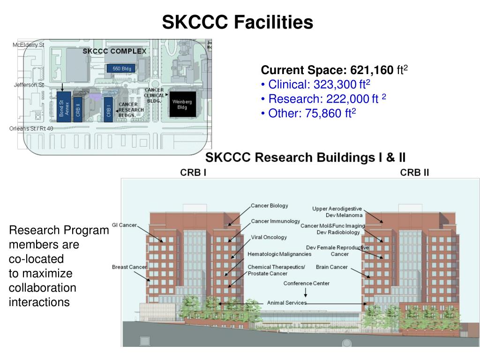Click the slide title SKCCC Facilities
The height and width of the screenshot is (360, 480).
(238, 22)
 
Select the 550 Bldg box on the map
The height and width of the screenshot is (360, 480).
(121, 69)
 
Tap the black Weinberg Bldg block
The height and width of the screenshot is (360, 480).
(182, 105)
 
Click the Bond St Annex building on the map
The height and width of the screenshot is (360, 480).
(63, 107)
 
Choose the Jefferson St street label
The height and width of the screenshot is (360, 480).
(28, 85)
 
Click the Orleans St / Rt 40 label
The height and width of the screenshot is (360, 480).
(31, 128)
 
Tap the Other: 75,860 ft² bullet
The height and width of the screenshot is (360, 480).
(309, 112)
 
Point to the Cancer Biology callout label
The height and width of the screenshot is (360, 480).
(269, 206)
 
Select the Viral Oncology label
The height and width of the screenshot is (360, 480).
(269, 237)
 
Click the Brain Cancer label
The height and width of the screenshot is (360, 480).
(331, 267)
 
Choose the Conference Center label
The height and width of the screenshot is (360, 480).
(306, 284)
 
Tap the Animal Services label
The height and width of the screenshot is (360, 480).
(286, 303)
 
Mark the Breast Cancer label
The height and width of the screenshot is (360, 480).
(129, 267)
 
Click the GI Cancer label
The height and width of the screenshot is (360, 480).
(124, 225)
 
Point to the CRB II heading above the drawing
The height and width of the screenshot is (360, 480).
(414, 172)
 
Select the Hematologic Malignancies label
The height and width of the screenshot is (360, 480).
(279, 254)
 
